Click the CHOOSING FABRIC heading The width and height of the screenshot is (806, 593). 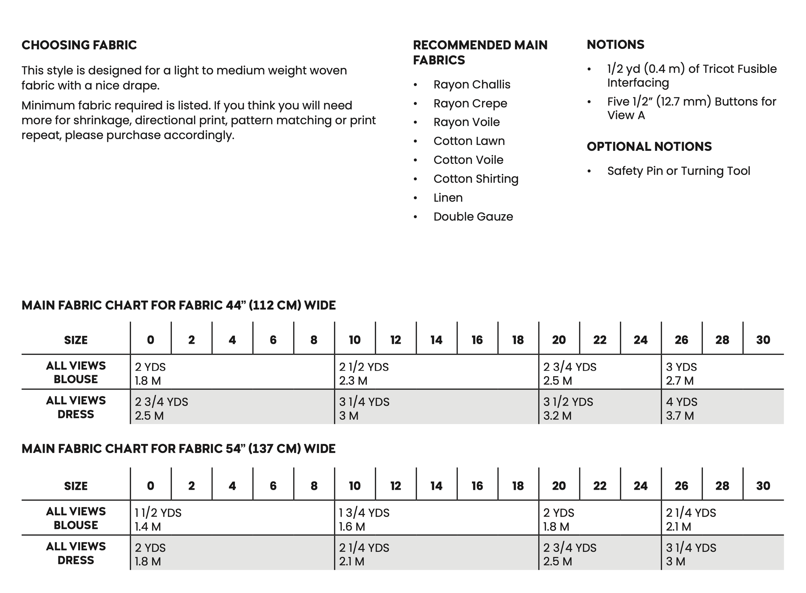click(x=79, y=45)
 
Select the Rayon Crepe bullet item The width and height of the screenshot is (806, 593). click(x=470, y=103)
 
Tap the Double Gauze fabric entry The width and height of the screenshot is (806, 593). click(x=473, y=217)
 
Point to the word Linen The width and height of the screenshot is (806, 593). click(x=448, y=198)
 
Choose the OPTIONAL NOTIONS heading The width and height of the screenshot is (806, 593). click(x=649, y=146)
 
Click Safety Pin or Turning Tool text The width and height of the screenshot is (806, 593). click(x=678, y=171)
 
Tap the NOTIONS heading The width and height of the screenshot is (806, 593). click(x=616, y=45)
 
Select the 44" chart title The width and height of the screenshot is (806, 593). click(x=178, y=305)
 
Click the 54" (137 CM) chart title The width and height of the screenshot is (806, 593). click(x=178, y=449)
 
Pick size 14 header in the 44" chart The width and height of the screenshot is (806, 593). click(x=436, y=340)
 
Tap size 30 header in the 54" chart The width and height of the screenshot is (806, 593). click(x=763, y=486)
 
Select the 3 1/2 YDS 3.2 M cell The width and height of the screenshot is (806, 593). click(x=568, y=408)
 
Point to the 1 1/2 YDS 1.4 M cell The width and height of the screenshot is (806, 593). click(x=158, y=519)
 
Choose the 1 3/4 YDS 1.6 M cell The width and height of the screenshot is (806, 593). click(x=364, y=519)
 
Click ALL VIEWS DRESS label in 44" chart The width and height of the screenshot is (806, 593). click(x=76, y=407)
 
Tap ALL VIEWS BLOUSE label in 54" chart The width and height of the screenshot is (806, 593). click(x=76, y=518)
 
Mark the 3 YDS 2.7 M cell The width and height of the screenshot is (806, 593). click(x=681, y=374)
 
